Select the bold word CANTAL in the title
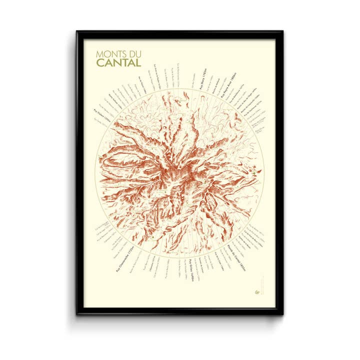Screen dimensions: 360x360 pos(118,62)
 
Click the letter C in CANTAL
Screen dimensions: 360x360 pos(99,62)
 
